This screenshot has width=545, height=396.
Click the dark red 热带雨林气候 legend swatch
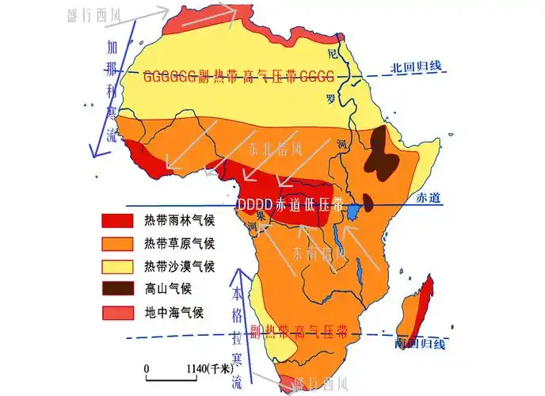(x=116, y=219)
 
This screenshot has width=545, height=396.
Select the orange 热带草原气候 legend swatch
(x=116, y=242)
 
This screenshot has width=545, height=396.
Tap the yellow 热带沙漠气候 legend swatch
(x=116, y=265)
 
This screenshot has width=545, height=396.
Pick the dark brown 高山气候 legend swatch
(x=116, y=288)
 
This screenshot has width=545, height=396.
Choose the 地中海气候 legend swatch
(x=116, y=312)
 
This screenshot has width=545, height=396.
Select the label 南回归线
(x=419, y=344)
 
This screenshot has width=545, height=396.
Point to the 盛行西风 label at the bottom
(x=319, y=385)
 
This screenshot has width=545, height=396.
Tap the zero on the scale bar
(x=146, y=369)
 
